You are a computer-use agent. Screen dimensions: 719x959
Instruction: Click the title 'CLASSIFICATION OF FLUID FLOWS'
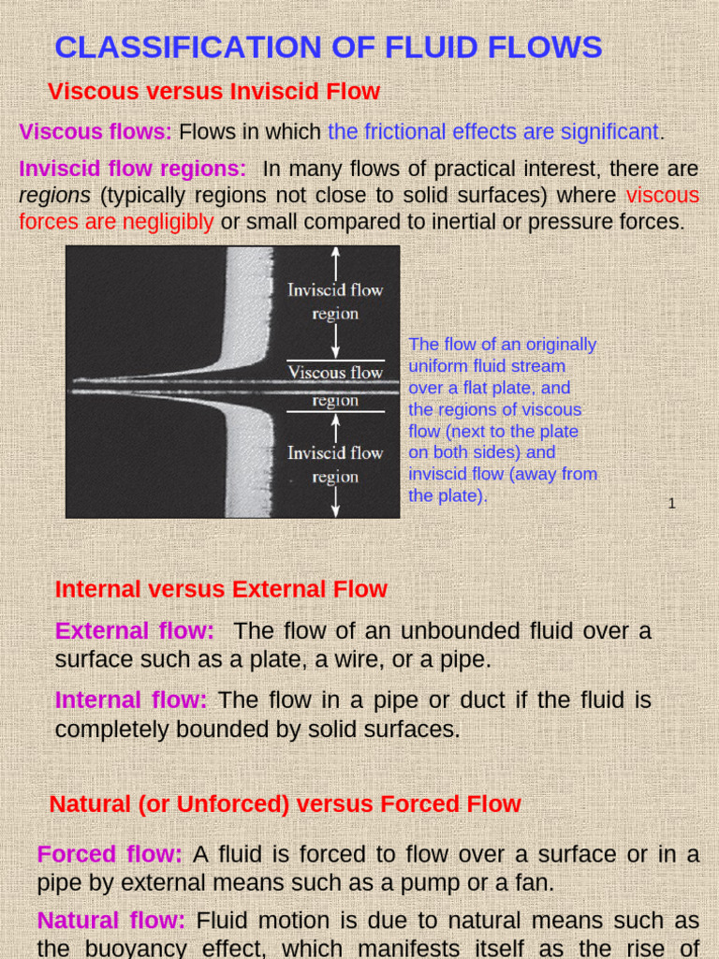click(329, 46)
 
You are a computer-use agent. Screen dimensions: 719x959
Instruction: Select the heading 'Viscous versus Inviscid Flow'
click(213, 92)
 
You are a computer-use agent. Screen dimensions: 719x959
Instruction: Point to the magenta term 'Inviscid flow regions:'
click(132, 170)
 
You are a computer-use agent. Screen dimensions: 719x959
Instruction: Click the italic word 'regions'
click(54, 196)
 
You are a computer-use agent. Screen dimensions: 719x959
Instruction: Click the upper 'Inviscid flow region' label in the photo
click(335, 302)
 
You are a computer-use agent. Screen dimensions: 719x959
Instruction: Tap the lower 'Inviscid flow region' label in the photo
click(335, 465)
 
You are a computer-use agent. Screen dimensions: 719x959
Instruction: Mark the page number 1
click(671, 504)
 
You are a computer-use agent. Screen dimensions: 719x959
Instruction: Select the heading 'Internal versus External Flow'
click(221, 589)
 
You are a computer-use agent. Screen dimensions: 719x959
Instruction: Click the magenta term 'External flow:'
click(135, 632)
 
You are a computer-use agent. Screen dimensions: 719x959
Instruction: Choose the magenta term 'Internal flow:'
click(131, 701)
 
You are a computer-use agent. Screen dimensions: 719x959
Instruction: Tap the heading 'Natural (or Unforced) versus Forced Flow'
click(285, 804)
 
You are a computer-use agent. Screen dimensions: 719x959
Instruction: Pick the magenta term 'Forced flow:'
click(110, 854)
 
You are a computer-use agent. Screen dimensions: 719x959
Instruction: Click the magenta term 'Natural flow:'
click(110, 922)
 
